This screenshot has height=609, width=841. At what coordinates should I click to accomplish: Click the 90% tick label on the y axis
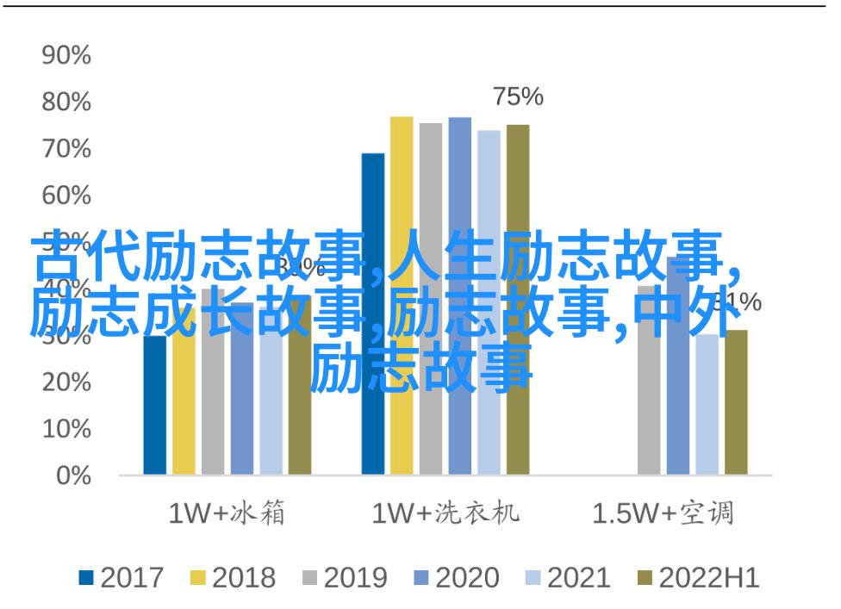point(66,57)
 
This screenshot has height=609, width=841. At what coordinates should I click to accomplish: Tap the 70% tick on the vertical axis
point(66,150)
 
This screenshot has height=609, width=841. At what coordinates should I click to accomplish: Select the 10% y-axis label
point(66,429)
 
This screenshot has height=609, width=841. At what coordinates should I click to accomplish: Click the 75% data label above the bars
point(518,97)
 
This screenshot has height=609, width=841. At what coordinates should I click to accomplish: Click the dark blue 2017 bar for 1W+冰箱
point(155,413)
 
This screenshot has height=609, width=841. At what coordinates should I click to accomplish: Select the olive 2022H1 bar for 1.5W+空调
point(736,413)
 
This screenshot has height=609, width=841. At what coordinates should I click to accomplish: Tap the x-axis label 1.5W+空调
point(663,514)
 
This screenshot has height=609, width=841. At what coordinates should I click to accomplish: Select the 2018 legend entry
point(234,578)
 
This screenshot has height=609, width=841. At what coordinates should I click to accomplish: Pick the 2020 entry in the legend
point(458,578)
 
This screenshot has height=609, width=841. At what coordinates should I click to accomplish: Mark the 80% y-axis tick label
point(66,103)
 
